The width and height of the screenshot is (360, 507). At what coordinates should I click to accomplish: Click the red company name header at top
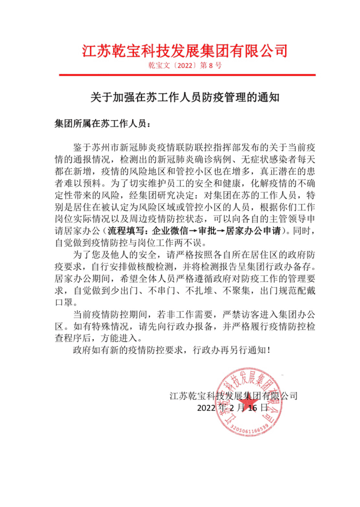pyautogui.click(x=184, y=51)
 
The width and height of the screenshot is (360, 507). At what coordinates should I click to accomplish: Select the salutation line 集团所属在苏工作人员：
pyautogui.click(x=101, y=123)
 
